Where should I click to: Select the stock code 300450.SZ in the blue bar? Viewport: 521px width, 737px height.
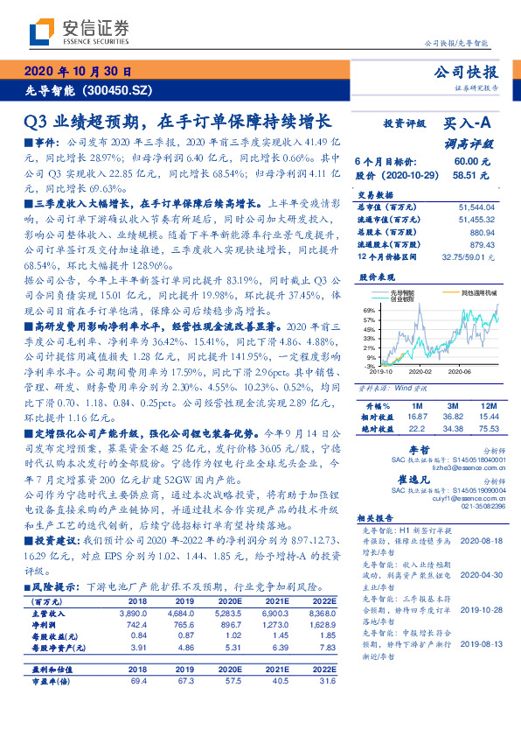pos(120,90)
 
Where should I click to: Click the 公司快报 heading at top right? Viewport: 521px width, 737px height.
pos(471,73)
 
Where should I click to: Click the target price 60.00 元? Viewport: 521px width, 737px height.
pos(466,161)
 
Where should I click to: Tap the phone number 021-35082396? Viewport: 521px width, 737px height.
pos(480,506)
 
